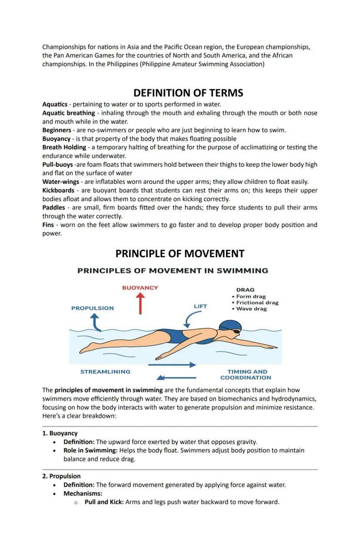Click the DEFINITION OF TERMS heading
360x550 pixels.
pos(188,93)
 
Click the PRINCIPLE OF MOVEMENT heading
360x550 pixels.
pos(180,254)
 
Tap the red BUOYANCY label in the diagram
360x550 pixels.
pos(140,288)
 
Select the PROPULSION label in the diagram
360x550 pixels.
pos(93,308)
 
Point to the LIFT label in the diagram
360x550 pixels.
pos(200,306)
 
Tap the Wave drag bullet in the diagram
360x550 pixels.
pos(251,309)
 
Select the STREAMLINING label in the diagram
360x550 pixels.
pos(105,372)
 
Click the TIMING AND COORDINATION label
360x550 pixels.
pos(247,374)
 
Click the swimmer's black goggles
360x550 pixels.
pos(236,331)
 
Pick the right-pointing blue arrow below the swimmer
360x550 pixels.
pos(172,365)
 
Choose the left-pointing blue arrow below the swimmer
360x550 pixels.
pos(177,377)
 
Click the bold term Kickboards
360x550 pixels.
pos(58,190)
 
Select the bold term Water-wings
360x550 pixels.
pos(60,182)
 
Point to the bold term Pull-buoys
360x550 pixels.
pos(57,165)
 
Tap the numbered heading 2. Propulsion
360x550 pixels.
pos(61,476)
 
